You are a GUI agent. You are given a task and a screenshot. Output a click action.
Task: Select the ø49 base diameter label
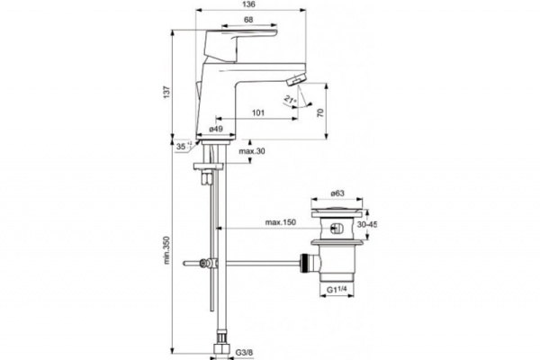point(216,130)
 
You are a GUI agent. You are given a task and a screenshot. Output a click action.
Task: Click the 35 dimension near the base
point(183,145)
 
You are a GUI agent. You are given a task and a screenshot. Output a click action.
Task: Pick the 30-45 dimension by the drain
point(366,226)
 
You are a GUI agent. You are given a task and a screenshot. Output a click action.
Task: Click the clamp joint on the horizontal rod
point(207,264)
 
